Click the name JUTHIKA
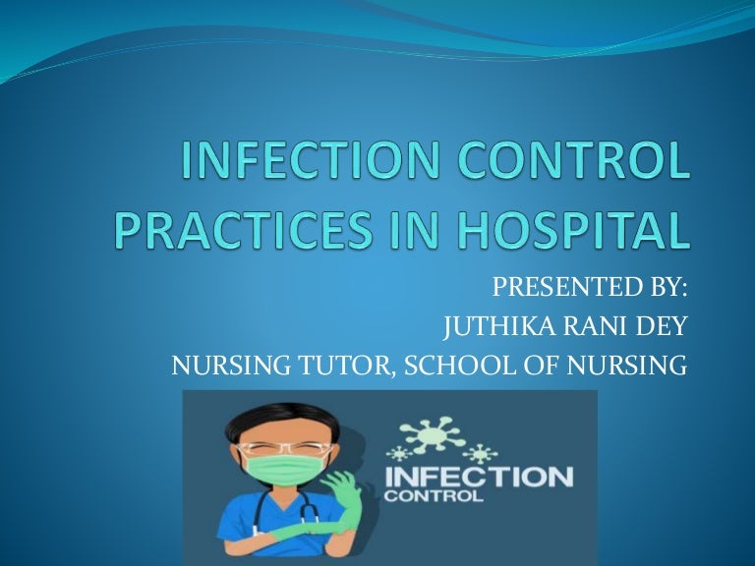click(x=488, y=327)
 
